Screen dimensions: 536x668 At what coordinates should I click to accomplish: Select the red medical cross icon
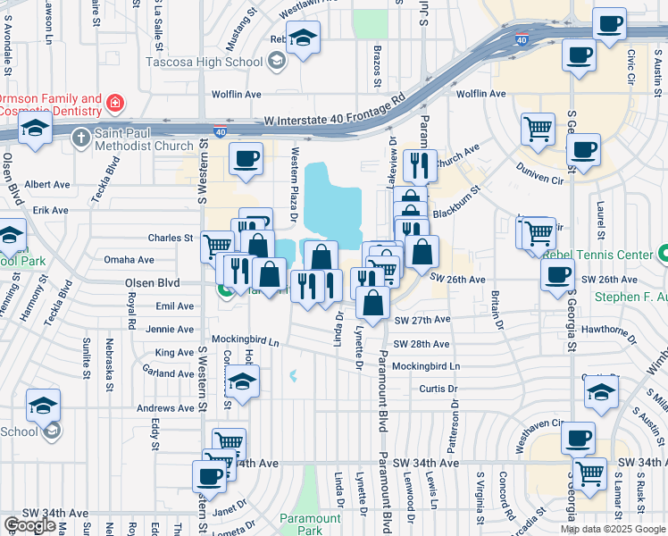[x=114, y=105]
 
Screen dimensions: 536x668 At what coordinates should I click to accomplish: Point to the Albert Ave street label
[x=47, y=184]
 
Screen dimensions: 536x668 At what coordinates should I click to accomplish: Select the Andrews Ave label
[x=164, y=408]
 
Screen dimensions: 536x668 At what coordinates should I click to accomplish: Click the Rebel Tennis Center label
[x=597, y=255]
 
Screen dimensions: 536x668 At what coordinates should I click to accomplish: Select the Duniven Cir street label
[x=539, y=172]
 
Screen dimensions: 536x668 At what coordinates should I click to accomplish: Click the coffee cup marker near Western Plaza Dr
[x=246, y=159]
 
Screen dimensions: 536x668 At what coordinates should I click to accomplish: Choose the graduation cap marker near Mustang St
[x=303, y=38]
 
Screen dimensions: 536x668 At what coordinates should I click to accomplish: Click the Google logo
[x=29, y=525]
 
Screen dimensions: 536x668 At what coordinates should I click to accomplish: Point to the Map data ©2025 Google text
[x=612, y=529]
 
